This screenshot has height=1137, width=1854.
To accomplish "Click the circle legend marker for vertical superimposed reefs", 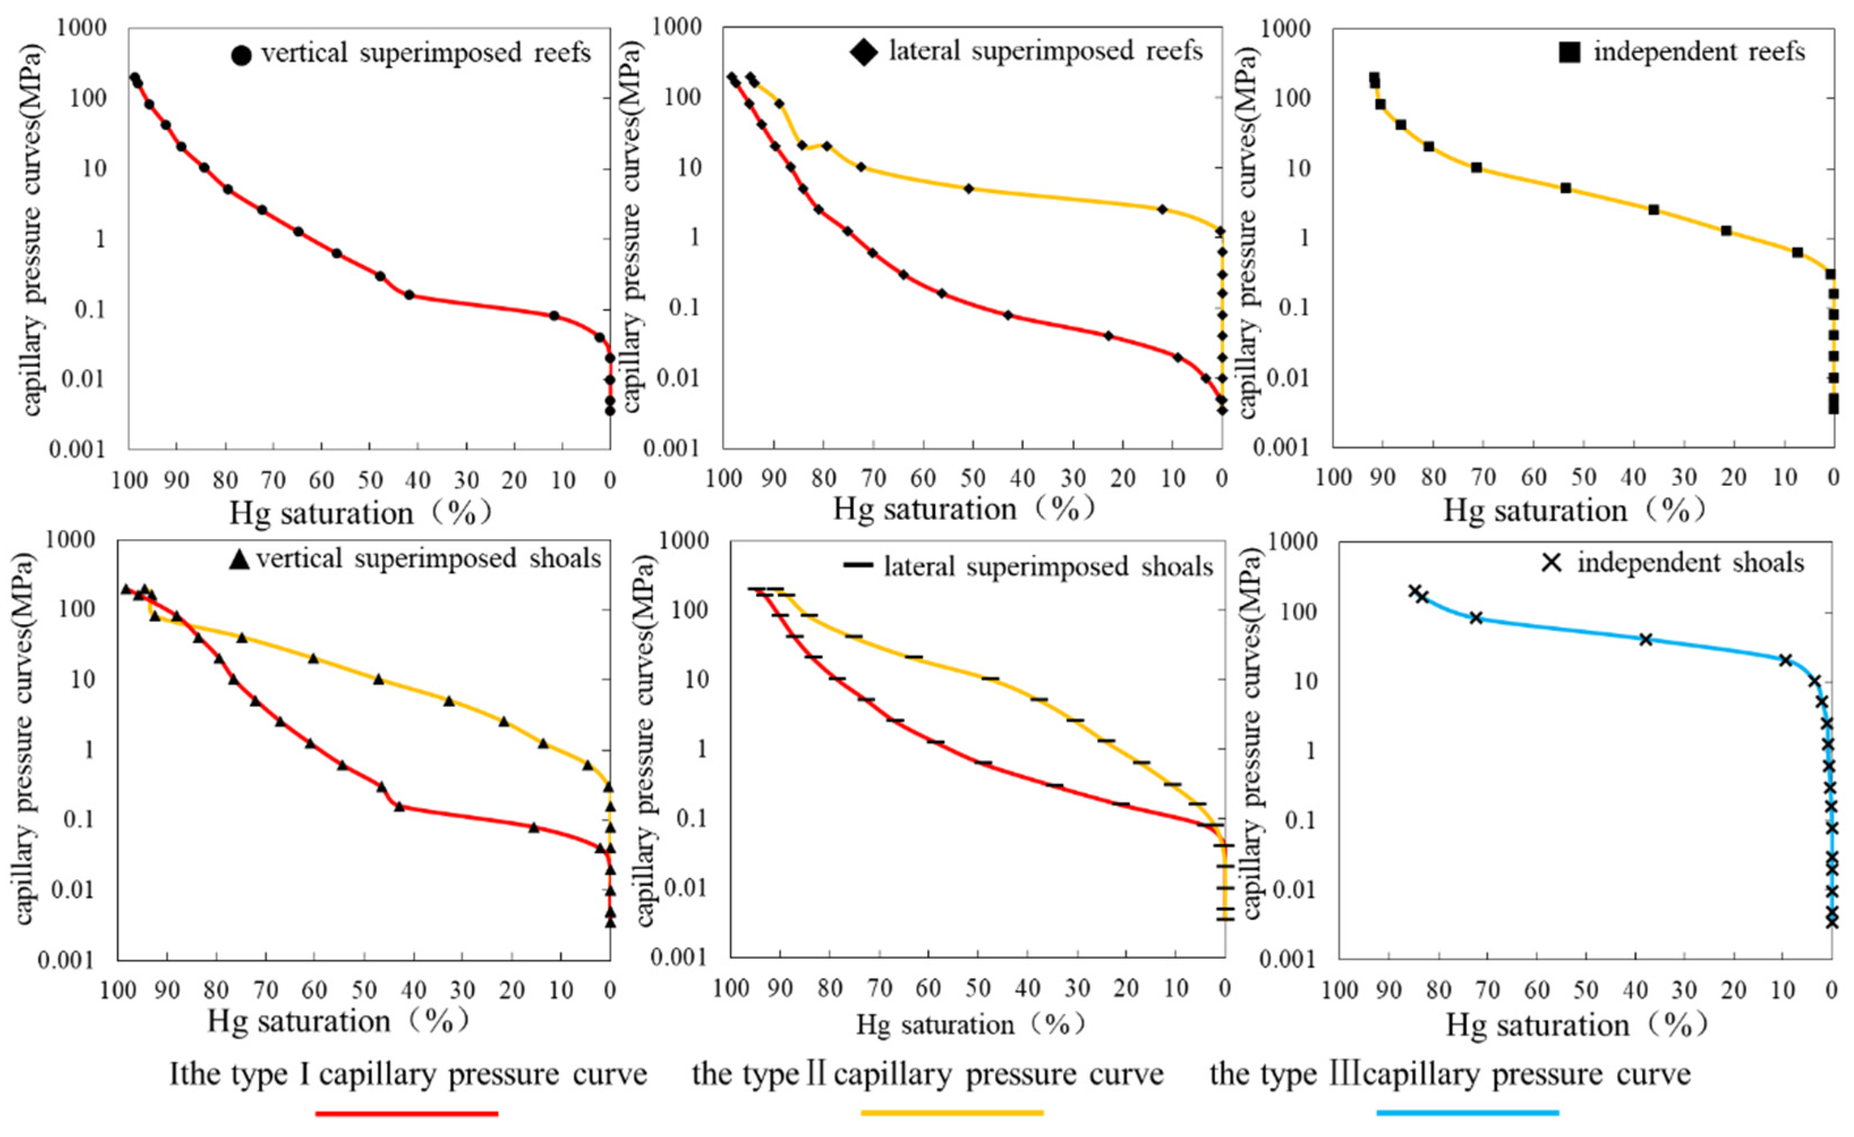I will coord(241,55).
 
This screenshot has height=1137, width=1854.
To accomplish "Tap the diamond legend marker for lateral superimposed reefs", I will coord(863,52).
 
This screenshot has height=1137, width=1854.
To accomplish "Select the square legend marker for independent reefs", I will coord(1569,52).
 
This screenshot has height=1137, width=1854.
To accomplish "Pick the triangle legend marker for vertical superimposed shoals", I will coord(238,559).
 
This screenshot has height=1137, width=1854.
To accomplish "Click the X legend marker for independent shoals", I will coord(1552,562).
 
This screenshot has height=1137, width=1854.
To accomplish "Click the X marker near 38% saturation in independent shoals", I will coord(1646,639).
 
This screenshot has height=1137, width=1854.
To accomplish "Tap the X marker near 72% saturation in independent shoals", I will coord(1476,617).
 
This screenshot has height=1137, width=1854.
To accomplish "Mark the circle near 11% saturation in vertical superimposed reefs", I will coord(554,316).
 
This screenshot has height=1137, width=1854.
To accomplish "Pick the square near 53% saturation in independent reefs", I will coord(1566,188).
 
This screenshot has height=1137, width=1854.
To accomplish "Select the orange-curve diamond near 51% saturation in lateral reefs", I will coord(969,188).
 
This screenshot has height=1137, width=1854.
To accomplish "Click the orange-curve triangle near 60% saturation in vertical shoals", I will coord(313,658).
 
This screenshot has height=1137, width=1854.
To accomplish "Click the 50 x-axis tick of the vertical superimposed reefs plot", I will coord(369,480).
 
